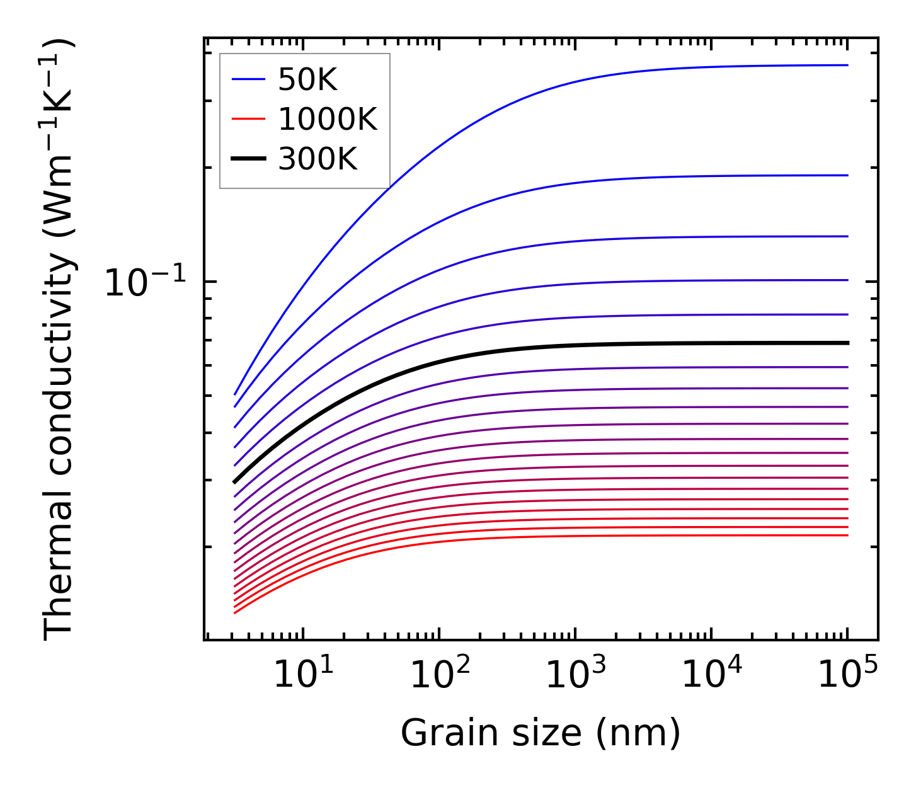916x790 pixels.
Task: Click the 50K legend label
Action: [x=307, y=80]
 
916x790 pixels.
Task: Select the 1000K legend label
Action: [x=328, y=120]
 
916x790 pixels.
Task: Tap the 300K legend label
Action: [x=318, y=160]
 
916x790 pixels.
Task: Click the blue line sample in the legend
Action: [x=249, y=79]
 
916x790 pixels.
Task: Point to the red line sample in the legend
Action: [x=249, y=120]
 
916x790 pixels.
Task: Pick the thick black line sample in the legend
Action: [x=249, y=160]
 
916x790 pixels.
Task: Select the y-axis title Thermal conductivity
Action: [x=59, y=340]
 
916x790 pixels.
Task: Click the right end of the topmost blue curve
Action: [x=847, y=65]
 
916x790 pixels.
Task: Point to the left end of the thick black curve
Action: [x=234, y=482]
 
